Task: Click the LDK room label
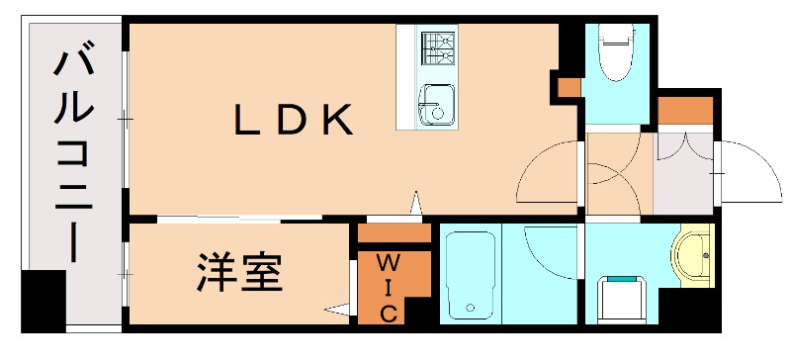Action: click(293, 121)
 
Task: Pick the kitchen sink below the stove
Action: click(433, 104)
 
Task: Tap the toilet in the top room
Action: click(614, 49)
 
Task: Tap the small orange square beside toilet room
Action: click(569, 86)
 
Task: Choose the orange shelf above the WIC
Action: click(394, 234)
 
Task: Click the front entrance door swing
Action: click(749, 173)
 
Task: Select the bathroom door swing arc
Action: click(549, 247)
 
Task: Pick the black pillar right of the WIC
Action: click(420, 312)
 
